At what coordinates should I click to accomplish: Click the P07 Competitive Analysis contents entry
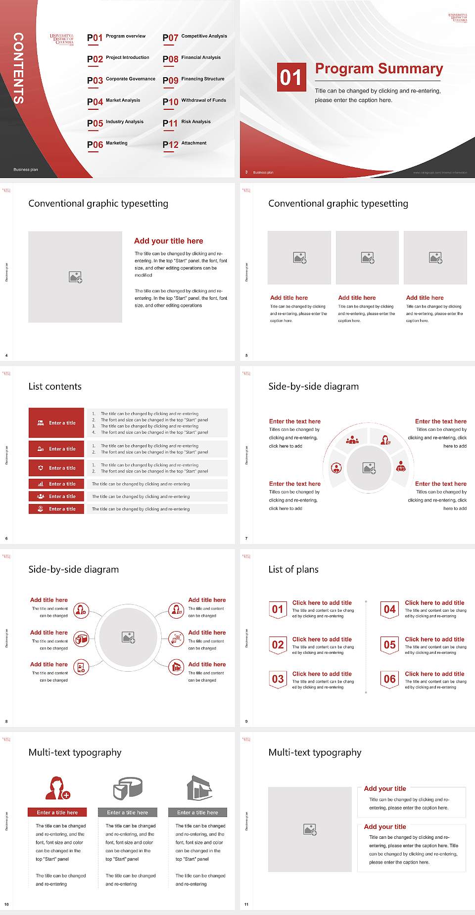pos(195,37)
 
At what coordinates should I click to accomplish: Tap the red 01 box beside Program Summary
pos(291,77)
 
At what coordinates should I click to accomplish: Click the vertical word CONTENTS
pos(18,68)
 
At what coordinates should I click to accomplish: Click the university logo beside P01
pos(62,40)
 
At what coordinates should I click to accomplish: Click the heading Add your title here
pos(168,241)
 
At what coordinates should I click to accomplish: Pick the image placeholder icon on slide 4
pos(75,277)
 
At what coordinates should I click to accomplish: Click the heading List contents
pos(55,386)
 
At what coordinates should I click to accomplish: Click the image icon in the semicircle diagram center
pos(369,468)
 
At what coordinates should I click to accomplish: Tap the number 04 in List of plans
pos(389,609)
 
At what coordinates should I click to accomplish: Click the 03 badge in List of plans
pos(278,679)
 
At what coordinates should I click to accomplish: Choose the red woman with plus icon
pos(57,788)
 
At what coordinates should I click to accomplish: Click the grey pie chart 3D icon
pos(128,788)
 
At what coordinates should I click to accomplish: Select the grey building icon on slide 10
pos(199,788)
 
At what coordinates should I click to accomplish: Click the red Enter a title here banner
pos(57,812)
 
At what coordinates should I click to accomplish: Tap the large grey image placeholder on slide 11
pos(310,829)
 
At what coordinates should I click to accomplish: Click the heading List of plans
pos(293,569)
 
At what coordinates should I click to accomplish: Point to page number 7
pos(246,538)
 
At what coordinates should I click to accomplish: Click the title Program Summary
pos(379,69)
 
